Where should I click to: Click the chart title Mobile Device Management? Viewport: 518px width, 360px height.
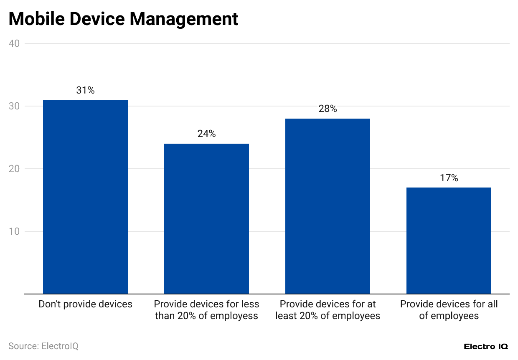tap(123, 19)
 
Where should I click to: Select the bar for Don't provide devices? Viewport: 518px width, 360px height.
tap(86, 196)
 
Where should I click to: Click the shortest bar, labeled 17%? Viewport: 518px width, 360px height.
tap(449, 241)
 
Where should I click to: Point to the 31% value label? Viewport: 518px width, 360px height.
tap(86, 90)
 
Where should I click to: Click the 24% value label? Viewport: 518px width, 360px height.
tap(206, 134)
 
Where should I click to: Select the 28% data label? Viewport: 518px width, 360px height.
tap(328, 109)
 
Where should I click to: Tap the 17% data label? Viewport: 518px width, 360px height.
tap(449, 178)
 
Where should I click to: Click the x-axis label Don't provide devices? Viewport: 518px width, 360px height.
tap(86, 304)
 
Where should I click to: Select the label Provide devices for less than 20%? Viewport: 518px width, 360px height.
tap(206, 310)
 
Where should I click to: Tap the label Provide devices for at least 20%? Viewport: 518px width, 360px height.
tap(328, 310)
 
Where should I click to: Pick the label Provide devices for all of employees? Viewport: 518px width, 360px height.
tap(449, 310)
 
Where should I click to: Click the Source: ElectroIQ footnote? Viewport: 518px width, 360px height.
tap(43, 346)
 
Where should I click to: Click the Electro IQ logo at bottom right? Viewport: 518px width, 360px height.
tap(486, 347)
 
